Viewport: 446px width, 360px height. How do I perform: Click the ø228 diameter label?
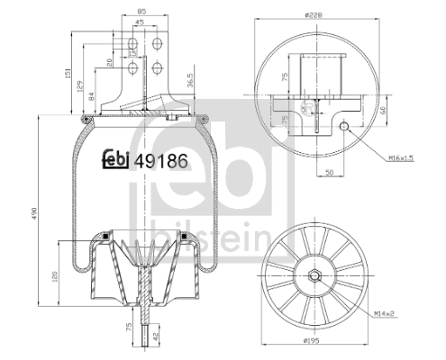click(314, 14)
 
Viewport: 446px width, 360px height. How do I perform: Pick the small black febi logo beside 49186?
click(113, 159)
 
